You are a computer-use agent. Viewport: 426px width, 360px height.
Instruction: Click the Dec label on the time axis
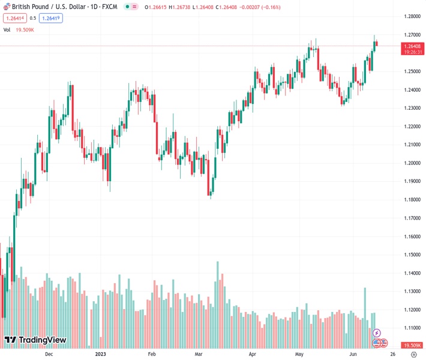pos(49,355)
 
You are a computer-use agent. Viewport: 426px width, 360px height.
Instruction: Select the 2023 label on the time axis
pos(101,355)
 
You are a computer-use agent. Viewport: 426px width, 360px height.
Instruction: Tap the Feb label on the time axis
pos(151,355)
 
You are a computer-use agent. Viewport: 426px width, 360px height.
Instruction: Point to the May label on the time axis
pos(299,355)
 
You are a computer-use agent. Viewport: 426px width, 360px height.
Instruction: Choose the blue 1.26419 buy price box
pos(50,18)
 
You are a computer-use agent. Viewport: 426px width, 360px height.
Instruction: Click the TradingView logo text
pos(42,341)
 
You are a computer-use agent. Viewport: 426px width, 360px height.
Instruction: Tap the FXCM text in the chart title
pos(110,7)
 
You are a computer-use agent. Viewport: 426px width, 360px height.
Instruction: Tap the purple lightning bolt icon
pos(377,332)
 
